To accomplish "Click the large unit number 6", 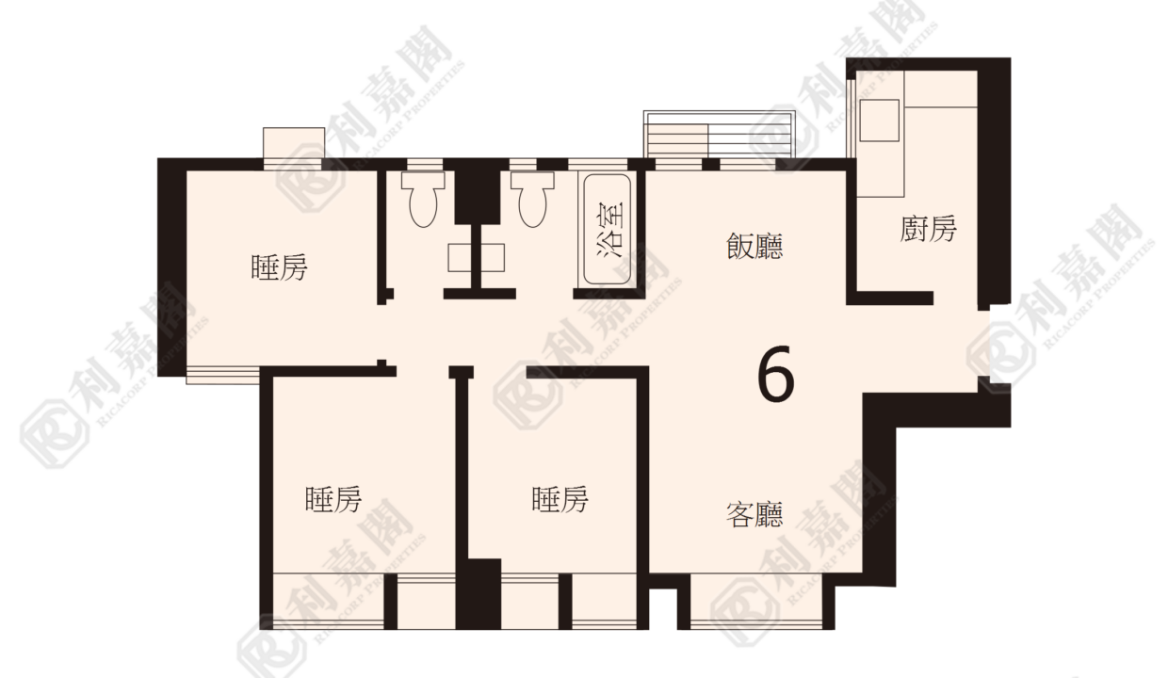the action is point(776,374).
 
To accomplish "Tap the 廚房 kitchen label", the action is point(928,229).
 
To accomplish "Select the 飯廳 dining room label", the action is point(754,246).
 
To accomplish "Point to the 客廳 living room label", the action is point(754,514).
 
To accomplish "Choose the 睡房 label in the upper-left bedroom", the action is point(279,267).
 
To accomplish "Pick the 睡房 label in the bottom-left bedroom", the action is point(333,499).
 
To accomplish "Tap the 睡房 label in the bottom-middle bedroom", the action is point(560,499).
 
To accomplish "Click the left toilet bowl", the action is point(423,200).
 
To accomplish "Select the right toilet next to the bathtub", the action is point(532,200).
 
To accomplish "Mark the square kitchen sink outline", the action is point(879,121).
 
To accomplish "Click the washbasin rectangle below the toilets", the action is point(476,257).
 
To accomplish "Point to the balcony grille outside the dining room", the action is point(718,134).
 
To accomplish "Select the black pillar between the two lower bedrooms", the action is point(479,594).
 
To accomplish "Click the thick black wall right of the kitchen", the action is point(994,184).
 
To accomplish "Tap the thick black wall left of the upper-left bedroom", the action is point(172,266).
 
